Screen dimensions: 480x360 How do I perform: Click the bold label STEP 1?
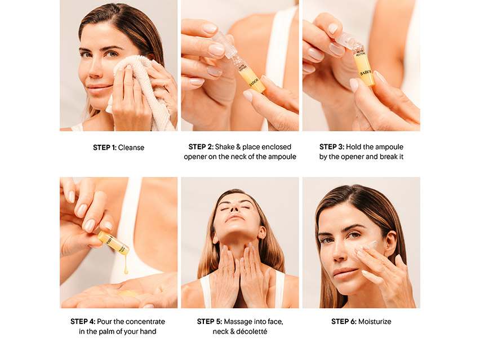click(105, 148)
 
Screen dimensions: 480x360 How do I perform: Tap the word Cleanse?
click(131, 148)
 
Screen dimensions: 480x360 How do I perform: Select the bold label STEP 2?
click(201, 147)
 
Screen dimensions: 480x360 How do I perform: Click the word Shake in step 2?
click(225, 147)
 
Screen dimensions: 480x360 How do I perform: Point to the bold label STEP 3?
click(332, 147)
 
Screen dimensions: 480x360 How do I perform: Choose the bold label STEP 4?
click(83, 322)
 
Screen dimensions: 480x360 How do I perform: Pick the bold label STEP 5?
click(210, 322)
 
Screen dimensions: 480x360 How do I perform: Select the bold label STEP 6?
click(344, 322)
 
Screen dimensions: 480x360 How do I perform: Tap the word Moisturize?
click(375, 322)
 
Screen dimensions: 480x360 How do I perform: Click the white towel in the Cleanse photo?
click(141, 92)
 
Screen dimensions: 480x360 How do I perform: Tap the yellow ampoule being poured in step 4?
click(114, 243)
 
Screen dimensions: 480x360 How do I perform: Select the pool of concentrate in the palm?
click(128, 294)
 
